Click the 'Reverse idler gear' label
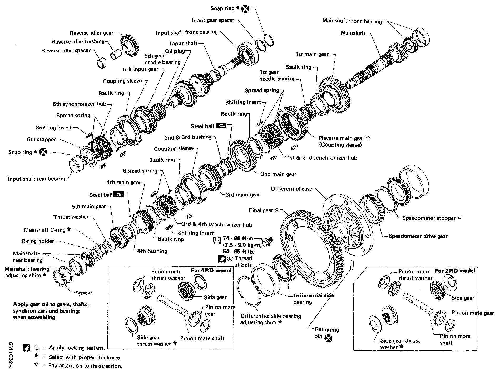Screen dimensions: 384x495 (x=91, y=33)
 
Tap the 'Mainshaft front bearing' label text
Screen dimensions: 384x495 (x=352, y=21)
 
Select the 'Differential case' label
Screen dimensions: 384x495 (x=291, y=189)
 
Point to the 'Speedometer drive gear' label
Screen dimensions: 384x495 (x=418, y=236)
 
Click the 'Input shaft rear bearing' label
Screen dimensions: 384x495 (x=37, y=179)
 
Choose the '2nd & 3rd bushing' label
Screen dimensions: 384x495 (x=188, y=137)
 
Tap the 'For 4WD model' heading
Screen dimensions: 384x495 (x=211, y=270)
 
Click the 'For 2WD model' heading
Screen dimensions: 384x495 (x=455, y=271)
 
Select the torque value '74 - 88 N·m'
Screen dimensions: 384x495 (x=238, y=239)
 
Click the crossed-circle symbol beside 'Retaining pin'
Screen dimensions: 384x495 (x=328, y=338)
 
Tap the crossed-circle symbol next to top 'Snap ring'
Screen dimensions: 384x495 (x=245, y=9)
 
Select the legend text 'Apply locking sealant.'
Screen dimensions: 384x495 (x=77, y=348)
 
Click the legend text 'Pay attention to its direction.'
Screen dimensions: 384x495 (x=85, y=366)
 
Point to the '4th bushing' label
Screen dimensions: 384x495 (x=152, y=251)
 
